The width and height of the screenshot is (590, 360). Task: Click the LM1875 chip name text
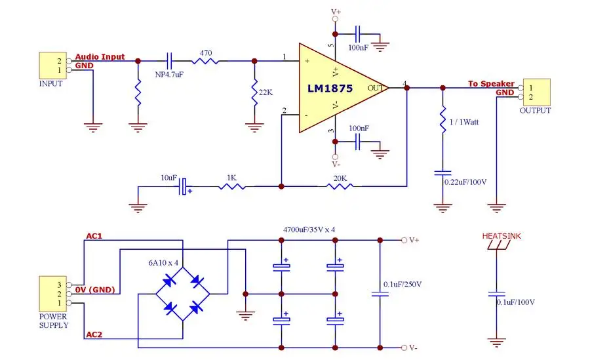pos(330,88)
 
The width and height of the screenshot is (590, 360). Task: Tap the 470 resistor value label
pos(205,53)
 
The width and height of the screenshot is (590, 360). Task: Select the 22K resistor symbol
pos(254,92)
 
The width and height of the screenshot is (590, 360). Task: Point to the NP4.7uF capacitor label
pos(169,75)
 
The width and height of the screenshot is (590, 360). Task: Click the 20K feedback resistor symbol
pos(340,186)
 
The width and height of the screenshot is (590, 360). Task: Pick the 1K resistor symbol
pos(232,186)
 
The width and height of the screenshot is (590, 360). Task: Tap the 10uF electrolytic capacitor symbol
pos(183,186)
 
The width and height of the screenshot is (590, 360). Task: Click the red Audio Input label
pos(100,57)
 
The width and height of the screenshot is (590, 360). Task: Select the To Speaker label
pos(491,83)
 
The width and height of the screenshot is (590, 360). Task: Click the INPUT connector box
pos(52,66)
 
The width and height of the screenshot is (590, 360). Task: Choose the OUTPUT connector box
pos(537,92)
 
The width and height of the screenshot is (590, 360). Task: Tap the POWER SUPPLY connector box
pos(52,294)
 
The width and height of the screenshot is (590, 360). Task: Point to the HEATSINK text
pos(501,236)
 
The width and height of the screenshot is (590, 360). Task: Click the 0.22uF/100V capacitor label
pos(465,182)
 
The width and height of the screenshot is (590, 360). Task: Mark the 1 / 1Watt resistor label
pos(464,122)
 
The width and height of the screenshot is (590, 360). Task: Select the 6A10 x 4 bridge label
pos(163,263)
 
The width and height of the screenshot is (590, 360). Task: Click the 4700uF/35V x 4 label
pos(309,230)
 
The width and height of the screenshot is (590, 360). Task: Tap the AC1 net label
pos(94,236)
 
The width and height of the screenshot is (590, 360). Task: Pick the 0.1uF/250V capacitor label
pos(403,285)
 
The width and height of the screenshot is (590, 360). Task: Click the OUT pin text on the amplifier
pos(375,88)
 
